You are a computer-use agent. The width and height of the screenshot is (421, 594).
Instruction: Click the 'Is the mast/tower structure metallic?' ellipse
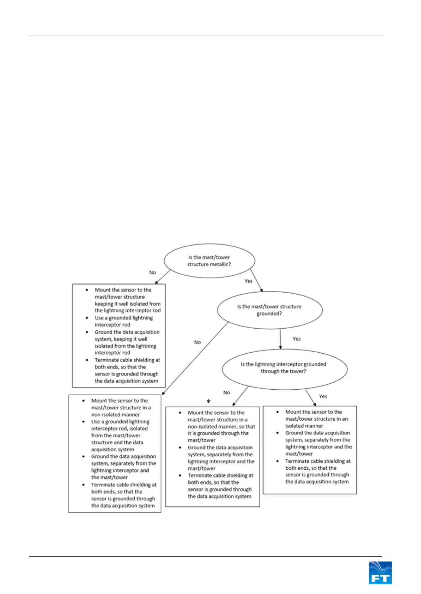coord(209,261)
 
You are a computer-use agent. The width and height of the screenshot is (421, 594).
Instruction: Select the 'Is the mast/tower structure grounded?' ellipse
coord(269,310)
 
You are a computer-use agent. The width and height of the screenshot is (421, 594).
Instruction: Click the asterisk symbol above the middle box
coord(209,402)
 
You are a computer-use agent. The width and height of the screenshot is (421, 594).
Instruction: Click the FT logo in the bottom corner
coord(380,572)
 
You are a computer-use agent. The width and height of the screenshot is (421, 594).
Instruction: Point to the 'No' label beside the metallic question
coord(152,272)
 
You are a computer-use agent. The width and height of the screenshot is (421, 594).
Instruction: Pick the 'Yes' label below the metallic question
coord(248,281)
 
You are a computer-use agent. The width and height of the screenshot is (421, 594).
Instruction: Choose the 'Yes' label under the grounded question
coord(297,339)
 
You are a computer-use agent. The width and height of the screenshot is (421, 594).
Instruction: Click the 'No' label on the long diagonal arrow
coord(197,342)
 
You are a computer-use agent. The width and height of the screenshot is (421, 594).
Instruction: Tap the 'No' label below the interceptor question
coord(227,392)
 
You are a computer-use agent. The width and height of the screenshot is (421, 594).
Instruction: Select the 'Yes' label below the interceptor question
coord(323,396)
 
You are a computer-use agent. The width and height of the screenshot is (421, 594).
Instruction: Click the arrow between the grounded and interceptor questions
coord(280,339)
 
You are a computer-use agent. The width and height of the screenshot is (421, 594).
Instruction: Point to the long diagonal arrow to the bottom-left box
coord(195,358)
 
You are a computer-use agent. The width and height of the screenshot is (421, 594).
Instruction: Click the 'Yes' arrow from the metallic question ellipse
coord(257,281)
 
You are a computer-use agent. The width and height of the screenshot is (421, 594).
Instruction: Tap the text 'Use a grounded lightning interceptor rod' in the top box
coord(124,321)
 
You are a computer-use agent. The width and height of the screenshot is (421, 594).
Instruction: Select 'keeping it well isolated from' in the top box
coord(128,304)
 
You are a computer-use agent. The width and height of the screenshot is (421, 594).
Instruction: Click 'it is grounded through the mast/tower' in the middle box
coord(218,437)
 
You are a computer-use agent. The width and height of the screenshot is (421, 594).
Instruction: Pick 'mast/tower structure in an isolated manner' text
coord(316,422)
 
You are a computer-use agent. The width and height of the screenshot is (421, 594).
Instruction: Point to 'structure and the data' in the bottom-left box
coord(117,442)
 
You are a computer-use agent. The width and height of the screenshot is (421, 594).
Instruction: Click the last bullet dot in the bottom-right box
coord(277,461)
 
